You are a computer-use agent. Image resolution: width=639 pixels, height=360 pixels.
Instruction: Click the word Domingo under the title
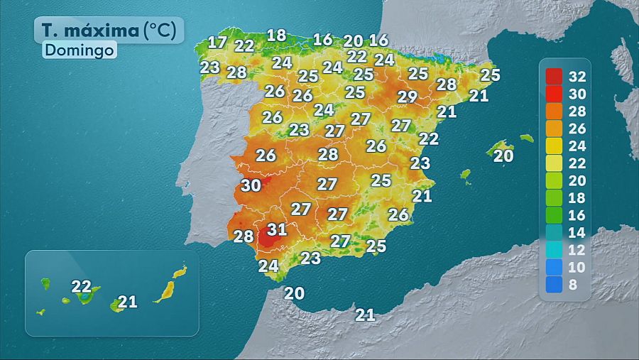tap(79, 51)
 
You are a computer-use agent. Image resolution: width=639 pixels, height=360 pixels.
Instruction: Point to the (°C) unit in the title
tap(164, 31)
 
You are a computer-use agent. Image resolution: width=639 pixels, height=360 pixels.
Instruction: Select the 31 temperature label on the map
tap(277, 229)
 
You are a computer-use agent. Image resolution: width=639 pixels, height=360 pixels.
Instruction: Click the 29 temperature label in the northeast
tap(407, 97)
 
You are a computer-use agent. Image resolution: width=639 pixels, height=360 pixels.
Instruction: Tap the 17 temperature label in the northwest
tap(217, 42)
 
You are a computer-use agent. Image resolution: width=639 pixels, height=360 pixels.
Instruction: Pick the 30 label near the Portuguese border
tap(251, 186)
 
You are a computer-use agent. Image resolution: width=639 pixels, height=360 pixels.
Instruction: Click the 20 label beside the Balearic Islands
tap(503, 156)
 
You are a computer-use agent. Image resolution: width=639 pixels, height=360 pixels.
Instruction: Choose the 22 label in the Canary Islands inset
tap(82, 287)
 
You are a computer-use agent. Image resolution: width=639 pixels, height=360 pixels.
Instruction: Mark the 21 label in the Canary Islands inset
tap(127, 302)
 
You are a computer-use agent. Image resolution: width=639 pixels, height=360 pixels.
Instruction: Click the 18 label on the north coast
tap(276, 35)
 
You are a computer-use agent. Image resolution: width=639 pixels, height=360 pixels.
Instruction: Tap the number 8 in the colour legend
tap(574, 285)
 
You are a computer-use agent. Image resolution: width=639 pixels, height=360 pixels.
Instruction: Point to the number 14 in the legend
tap(577, 233)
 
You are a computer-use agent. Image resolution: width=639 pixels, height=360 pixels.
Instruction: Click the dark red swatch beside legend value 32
tap(555, 77)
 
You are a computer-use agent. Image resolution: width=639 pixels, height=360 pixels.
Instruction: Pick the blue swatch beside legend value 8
tap(555, 284)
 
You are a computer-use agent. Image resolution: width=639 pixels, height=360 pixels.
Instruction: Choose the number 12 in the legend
tap(577, 250)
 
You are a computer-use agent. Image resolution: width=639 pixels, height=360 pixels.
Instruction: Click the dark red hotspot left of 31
tap(265, 235)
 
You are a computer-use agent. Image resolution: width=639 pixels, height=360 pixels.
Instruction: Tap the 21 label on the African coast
tap(365, 315)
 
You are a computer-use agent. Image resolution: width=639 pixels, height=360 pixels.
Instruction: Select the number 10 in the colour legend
tap(577, 268)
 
